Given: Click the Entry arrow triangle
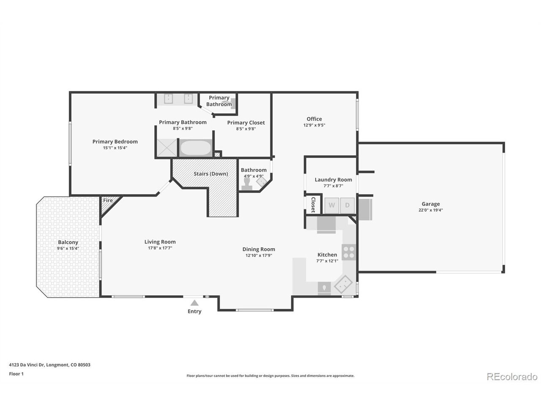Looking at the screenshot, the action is pyautogui.click(x=194, y=302).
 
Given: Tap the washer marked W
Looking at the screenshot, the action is pyautogui.click(x=331, y=205).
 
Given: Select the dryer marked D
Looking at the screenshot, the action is pyautogui.click(x=347, y=205).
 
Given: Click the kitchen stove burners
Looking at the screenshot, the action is pyautogui.click(x=349, y=252).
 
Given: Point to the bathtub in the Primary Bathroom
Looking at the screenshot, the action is pyautogui.click(x=196, y=148).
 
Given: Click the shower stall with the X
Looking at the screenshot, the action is pyautogui.click(x=167, y=148).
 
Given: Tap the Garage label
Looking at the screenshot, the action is pyautogui.click(x=430, y=204).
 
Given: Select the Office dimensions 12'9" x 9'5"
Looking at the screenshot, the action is pyautogui.click(x=314, y=125).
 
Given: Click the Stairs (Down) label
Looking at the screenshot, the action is pyautogui.click(x=210, y=174).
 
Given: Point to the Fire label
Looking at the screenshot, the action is pyautogui.click(x=108, y=200).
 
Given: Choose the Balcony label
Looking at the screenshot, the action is pyautogui.click(x=68, y=242).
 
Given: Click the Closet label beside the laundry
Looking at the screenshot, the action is pyautogui.click(x=313, y=205).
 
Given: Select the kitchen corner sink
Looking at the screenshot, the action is pyautogui.click(x=343, y=284).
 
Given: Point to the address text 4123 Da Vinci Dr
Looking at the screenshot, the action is pyautogui.click(x=27, y=365).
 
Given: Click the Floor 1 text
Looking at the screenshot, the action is pyautogui.click(x=16, y=374).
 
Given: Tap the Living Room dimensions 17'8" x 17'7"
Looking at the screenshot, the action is pyautogui.click(x=160, y=248).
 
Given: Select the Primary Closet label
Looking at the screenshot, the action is pyautogui.click(x=246, y=123).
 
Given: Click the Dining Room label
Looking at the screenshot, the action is pyautogui.click(x=259, y=249).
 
